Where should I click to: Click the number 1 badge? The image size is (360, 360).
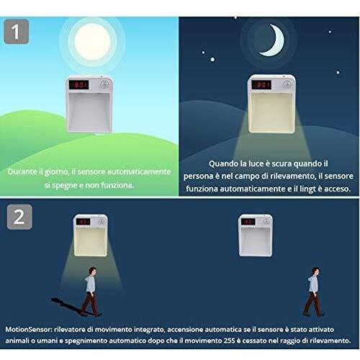click(17, 32)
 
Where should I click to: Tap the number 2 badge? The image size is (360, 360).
click(19, 217)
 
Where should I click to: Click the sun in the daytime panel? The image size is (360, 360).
click(92, 42)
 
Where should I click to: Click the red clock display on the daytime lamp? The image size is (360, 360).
click(78, 85)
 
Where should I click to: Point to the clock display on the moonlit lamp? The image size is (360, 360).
click(261, 84)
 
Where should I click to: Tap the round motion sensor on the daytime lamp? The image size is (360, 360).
click(104, 84)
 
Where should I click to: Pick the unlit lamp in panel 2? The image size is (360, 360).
click(256, 235)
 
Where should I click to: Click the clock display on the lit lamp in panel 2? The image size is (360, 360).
click(83, 222)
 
